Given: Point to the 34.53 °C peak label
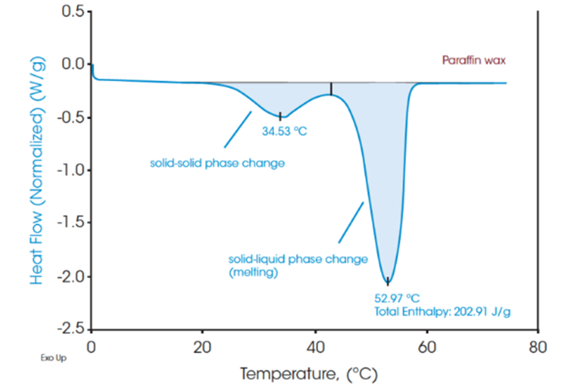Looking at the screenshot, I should (284, 131).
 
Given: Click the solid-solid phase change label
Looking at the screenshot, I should (217, 162).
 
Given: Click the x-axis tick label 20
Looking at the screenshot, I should (203, 347).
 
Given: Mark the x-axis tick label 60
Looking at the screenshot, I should (426, 347).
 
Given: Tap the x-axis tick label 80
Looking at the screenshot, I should (538, 347).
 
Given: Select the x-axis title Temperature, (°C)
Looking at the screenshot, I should (309, 374).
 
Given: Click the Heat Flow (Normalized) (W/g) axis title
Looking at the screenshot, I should (38, 170).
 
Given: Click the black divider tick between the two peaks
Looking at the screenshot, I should (332, 89).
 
